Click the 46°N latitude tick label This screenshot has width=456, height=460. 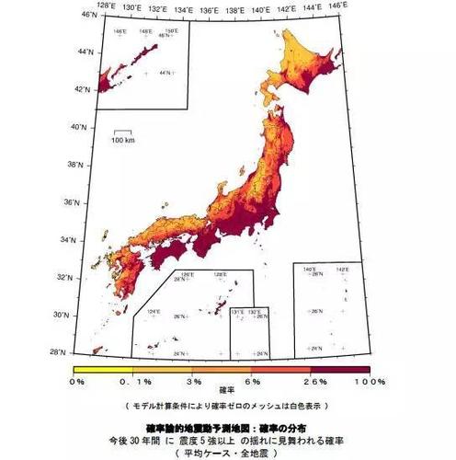78,15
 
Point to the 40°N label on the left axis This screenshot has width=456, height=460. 78,127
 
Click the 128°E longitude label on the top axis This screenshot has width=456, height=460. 107,6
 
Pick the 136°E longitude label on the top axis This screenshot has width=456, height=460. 209,6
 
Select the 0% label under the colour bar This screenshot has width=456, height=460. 77,381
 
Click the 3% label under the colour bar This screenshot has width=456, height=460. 193,381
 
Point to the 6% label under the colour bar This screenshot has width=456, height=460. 254,381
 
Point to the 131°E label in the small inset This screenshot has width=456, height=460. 238,313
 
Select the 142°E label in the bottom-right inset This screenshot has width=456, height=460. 342,270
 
